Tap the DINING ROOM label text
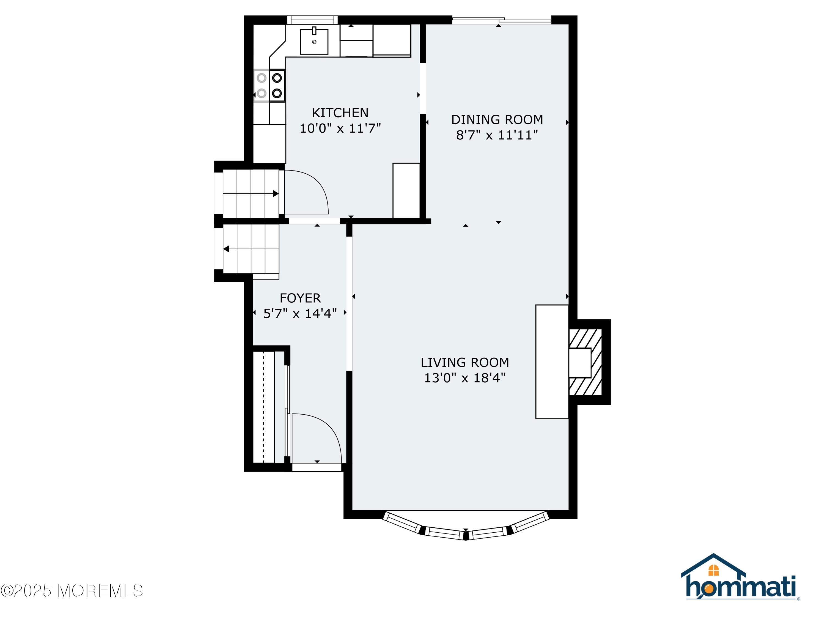[497, 119]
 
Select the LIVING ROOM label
[465, 362]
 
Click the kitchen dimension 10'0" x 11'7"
[340, 128]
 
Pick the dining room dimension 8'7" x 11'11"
[497, 135]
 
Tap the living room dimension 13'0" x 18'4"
[465, 378]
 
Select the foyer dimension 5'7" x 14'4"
[300, 313]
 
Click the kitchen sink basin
[314, 42]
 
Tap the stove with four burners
[269, 86]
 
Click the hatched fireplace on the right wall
[585, 362]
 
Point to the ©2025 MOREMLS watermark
[71, 591]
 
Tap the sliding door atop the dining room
[502, 21]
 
